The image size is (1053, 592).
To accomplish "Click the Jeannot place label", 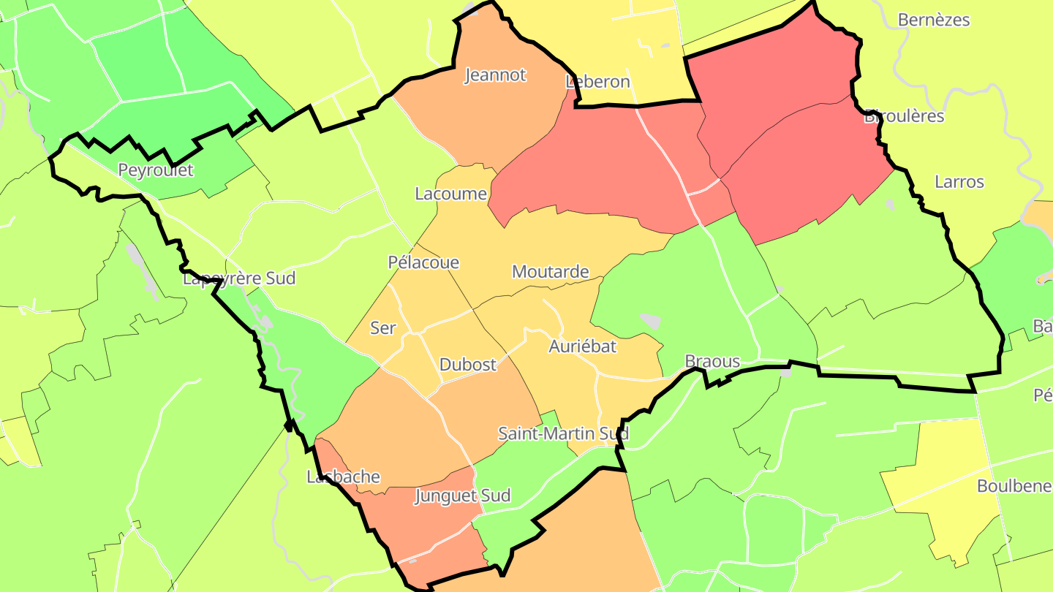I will tap(495, 75).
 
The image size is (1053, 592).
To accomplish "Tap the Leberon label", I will tap(597, 82).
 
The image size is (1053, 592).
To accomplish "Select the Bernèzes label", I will tap(933, 20).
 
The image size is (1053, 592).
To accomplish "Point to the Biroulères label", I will tap(904, 116).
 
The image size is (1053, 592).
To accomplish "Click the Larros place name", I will tap(959, 182).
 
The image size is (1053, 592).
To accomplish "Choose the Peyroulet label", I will tap(156, 170).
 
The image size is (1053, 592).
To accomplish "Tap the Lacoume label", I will tap(450, 194).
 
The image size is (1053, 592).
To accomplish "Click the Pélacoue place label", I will tap(423, 262).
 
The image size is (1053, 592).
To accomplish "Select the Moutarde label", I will tap(550, 272).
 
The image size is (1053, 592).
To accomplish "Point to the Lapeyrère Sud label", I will tap(239, 278).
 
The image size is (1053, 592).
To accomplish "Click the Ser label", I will tap(382, 328).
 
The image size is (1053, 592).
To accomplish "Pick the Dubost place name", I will tap(468, 365).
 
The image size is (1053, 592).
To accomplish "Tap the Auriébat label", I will tap(582, 346).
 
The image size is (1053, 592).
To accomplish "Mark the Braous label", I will tap(712, 362).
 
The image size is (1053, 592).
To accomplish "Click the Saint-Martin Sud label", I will tap(563, 433).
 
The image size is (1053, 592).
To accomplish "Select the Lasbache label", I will tap(343, 477).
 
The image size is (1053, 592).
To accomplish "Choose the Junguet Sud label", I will tap(462, 496).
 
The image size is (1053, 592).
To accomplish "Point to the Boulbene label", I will tap(1014, 486).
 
